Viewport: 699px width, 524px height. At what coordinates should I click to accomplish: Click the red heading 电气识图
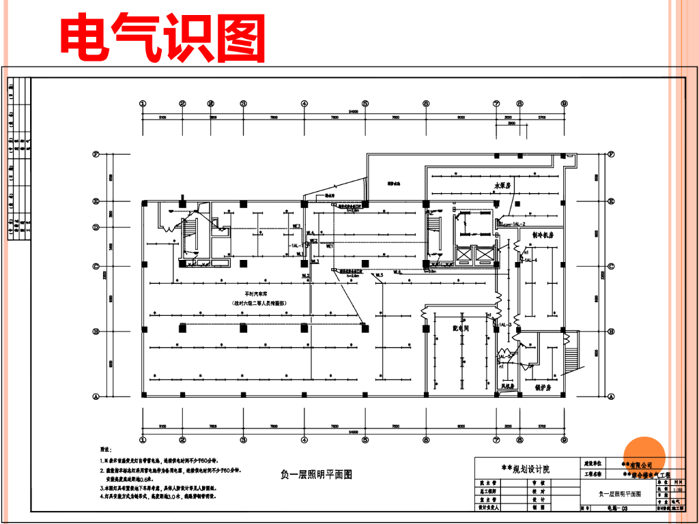(x=162, y=35)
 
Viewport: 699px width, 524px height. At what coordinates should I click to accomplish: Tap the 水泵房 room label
(x=504, y=186)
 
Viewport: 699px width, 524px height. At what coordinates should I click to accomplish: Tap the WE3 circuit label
(x=297, y=226)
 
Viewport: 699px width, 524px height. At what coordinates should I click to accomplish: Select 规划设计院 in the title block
(x=526, y=469)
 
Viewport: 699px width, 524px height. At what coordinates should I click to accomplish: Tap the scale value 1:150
(x=677, y=489)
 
